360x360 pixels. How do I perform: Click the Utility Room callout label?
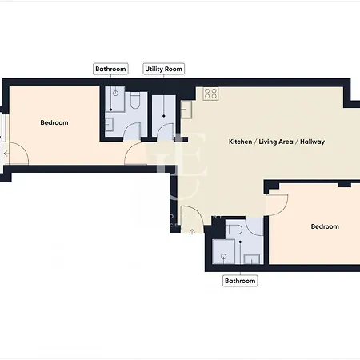click(164, 70)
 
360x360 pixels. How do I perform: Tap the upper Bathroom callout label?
click(111, 70)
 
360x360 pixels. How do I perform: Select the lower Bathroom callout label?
click(240, 281)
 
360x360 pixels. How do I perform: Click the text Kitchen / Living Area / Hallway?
click(277, 142)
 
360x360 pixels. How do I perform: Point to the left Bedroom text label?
click(54, 122)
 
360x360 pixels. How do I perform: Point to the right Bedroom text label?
click(325, 226)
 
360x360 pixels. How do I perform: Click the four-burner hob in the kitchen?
click(211, 94)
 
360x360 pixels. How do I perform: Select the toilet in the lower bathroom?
click(234, 230)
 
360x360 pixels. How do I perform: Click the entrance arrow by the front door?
click(193, 233)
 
